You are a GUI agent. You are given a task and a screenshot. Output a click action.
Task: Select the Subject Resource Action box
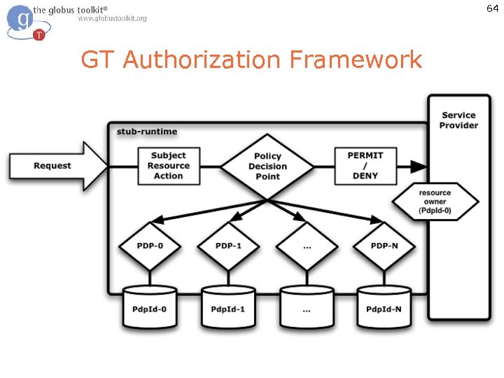tap(168, 166)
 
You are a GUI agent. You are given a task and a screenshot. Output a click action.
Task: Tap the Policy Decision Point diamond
tap(267, 167)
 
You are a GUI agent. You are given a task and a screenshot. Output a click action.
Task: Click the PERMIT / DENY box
tap(365, 166)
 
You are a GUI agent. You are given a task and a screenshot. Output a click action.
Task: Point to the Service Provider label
tap(458, 120)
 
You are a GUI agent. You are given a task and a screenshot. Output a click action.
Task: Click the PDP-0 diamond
tap(150, 246)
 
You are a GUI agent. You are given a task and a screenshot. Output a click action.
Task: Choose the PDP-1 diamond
tap(229, 246)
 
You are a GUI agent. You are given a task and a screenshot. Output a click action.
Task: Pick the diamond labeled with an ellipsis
tap(307, 246)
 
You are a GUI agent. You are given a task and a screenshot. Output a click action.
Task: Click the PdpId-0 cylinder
tap(150, 308)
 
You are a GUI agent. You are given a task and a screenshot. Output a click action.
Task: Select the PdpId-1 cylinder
tap(228, 308)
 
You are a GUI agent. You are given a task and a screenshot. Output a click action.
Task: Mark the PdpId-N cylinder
tap(384, 308)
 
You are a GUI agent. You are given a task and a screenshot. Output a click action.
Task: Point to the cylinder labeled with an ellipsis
tap(307, 308)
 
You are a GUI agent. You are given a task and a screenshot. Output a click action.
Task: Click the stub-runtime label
tap(147, 132)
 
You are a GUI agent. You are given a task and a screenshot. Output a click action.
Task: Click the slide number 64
tap(492, 8)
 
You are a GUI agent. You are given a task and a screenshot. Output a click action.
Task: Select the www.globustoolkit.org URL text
tap(112, 18)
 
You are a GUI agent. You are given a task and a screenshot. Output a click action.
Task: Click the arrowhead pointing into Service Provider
tap(419, 167)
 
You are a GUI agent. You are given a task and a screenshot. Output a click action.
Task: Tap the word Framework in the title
tap(356, 60)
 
